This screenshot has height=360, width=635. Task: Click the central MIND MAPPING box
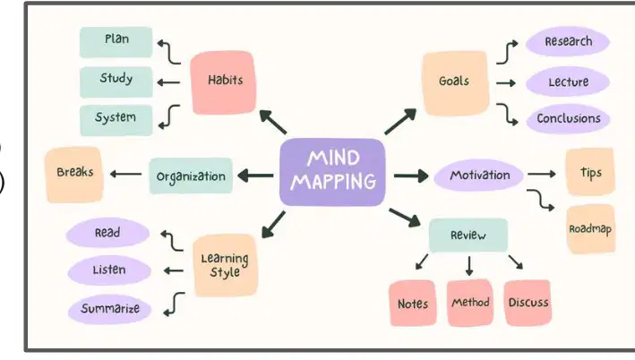332,172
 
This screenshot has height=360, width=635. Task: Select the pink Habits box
223,82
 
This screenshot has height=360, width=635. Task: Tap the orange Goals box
455,83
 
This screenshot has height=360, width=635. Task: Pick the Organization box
191,176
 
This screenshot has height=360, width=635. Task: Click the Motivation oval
478,176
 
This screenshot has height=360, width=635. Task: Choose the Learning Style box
225,266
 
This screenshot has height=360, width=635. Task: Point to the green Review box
468,236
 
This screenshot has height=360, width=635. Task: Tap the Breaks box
74,174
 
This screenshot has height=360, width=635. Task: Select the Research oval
568,41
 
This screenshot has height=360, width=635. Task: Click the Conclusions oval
568,118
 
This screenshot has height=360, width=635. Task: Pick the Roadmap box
590,229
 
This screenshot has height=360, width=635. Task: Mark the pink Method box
470,303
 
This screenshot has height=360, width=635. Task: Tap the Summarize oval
110,309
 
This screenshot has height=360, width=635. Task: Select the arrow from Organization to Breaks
126,175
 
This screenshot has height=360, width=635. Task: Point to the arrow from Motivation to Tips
542,174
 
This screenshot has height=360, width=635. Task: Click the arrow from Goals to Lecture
506,83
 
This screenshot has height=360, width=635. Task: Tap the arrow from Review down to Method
469,266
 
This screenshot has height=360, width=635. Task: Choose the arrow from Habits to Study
168,82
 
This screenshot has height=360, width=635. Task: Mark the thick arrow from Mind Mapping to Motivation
410,176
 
